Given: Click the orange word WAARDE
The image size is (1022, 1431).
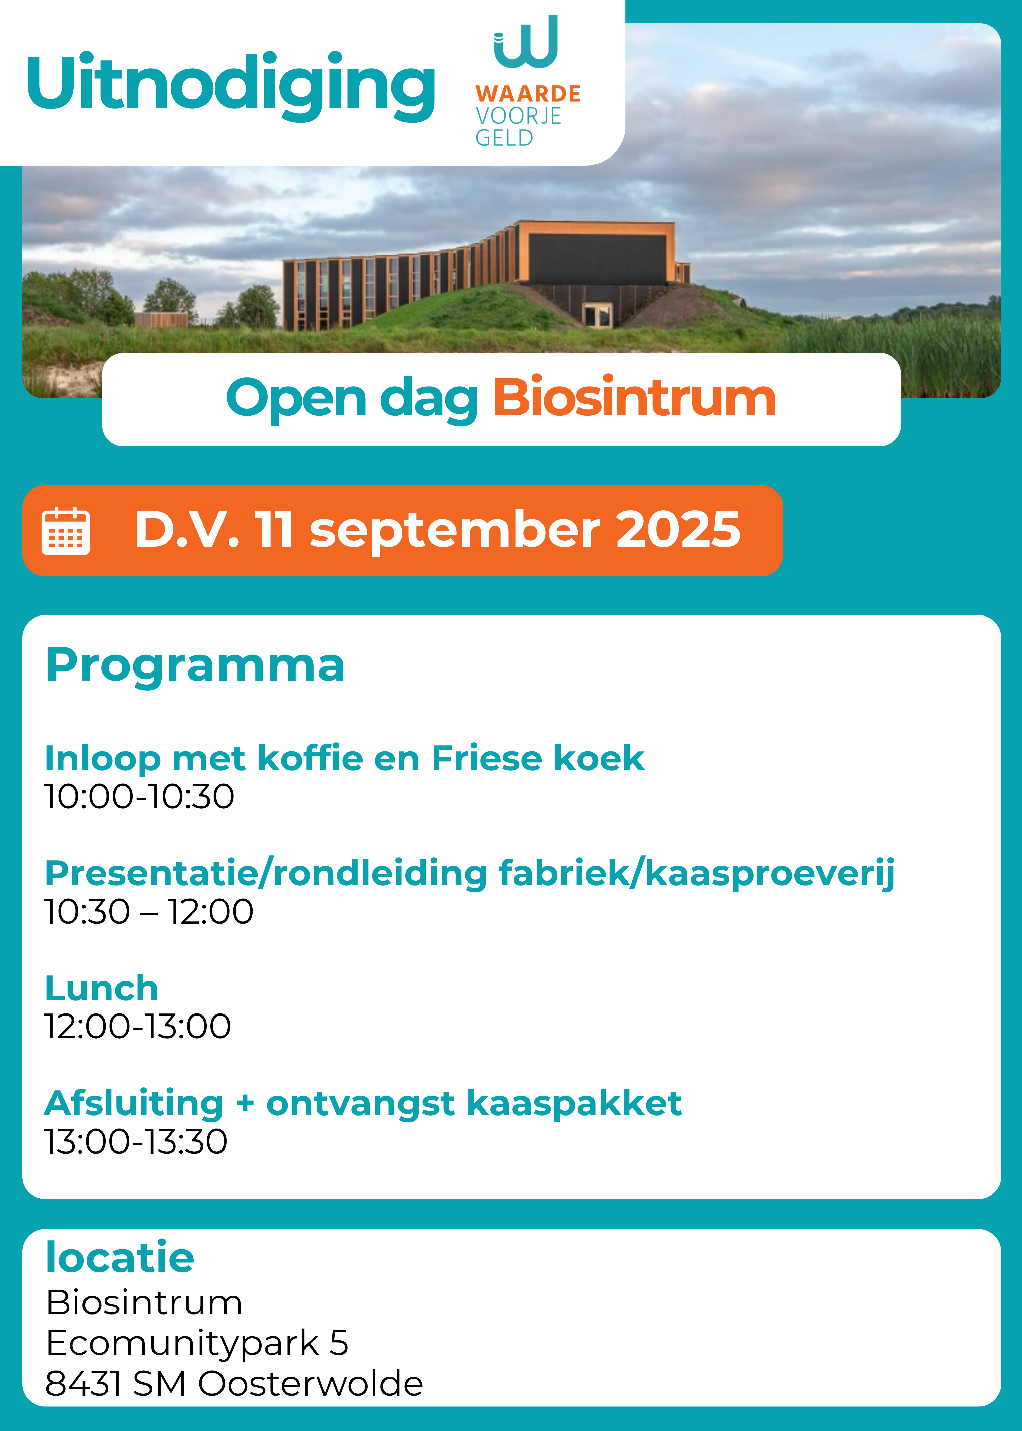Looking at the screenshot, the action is click(528, 94).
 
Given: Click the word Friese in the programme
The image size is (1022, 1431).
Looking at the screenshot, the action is click(486, 758).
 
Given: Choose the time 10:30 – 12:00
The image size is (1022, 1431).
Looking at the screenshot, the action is click(148, 911).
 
